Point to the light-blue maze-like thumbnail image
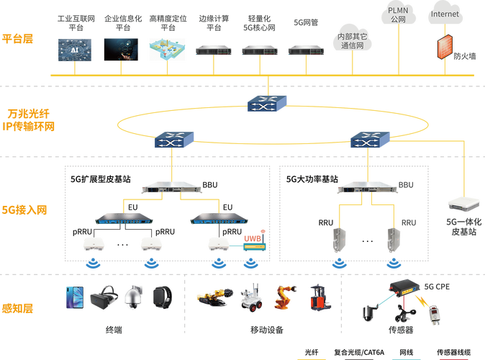click(167, 48)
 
